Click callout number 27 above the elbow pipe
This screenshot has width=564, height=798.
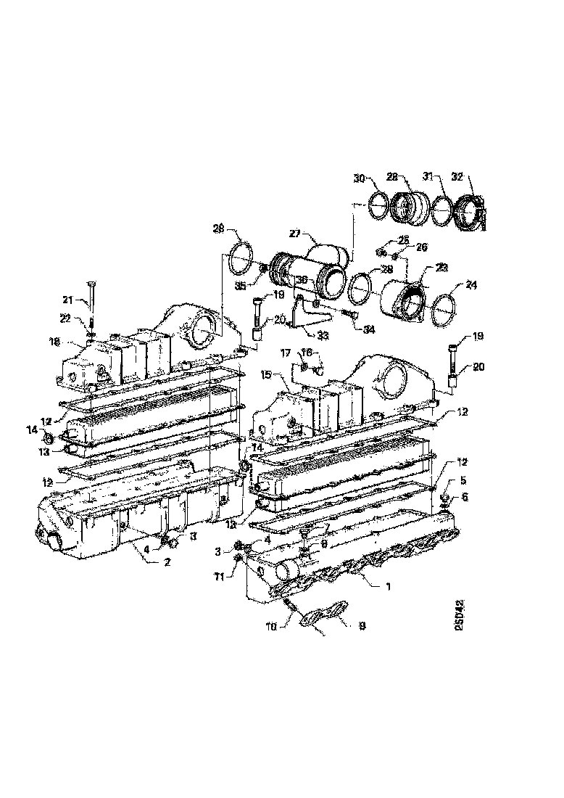(x=296, y=234)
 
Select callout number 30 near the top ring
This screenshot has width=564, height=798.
(x=360, y=178)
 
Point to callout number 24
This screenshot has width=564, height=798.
(x=451, y=285)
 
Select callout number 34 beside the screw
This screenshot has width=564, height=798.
(x=369, y=329)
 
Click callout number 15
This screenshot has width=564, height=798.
(x=265, y=376)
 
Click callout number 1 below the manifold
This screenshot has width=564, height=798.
(x=388, y=586)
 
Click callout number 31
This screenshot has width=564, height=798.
(x=428, y=176)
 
